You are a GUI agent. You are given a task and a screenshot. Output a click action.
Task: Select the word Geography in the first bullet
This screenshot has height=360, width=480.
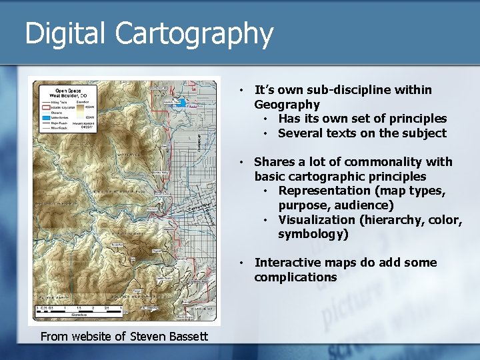(x=287, y=105)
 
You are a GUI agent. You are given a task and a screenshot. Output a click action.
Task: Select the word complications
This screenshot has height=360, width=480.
(x=295, y=277)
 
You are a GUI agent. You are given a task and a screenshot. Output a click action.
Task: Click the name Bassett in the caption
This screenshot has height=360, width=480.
(x=186, y=337)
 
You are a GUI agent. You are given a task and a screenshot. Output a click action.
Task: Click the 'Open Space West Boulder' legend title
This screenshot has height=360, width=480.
(x=67, y=93)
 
